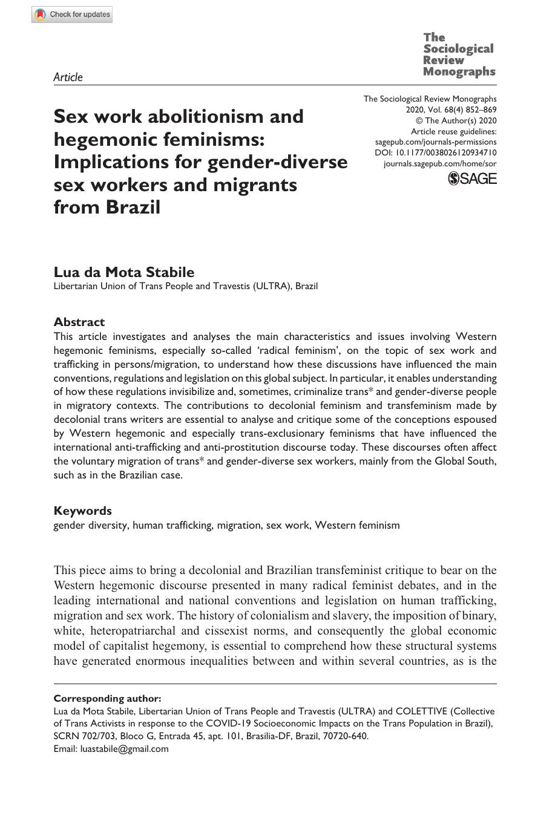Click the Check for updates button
tap(72, 15)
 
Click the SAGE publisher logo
tap(472, 178)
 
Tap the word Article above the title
tap(68, 77)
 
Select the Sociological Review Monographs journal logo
tap(459, 54)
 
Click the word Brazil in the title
tap(133, 207)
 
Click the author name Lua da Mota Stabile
tap(124, 272)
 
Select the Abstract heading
tap(79, 322)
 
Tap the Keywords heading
tap(83, 511)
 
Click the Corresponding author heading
tap(108, 698)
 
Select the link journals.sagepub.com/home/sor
tap(440, 164)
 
